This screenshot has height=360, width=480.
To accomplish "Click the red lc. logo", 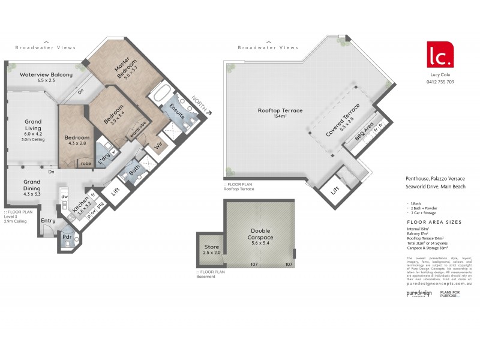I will [x=439, y=55].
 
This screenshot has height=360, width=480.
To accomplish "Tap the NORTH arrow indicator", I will [x=200, y=104].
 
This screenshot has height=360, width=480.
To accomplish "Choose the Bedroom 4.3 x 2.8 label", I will [x=77, y=140].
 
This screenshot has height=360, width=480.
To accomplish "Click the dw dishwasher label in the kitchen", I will [x=64, y=196].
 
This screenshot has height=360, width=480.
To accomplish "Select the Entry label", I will [x=48, y=220].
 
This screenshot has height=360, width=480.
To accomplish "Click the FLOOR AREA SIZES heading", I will [x=434, y=222].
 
